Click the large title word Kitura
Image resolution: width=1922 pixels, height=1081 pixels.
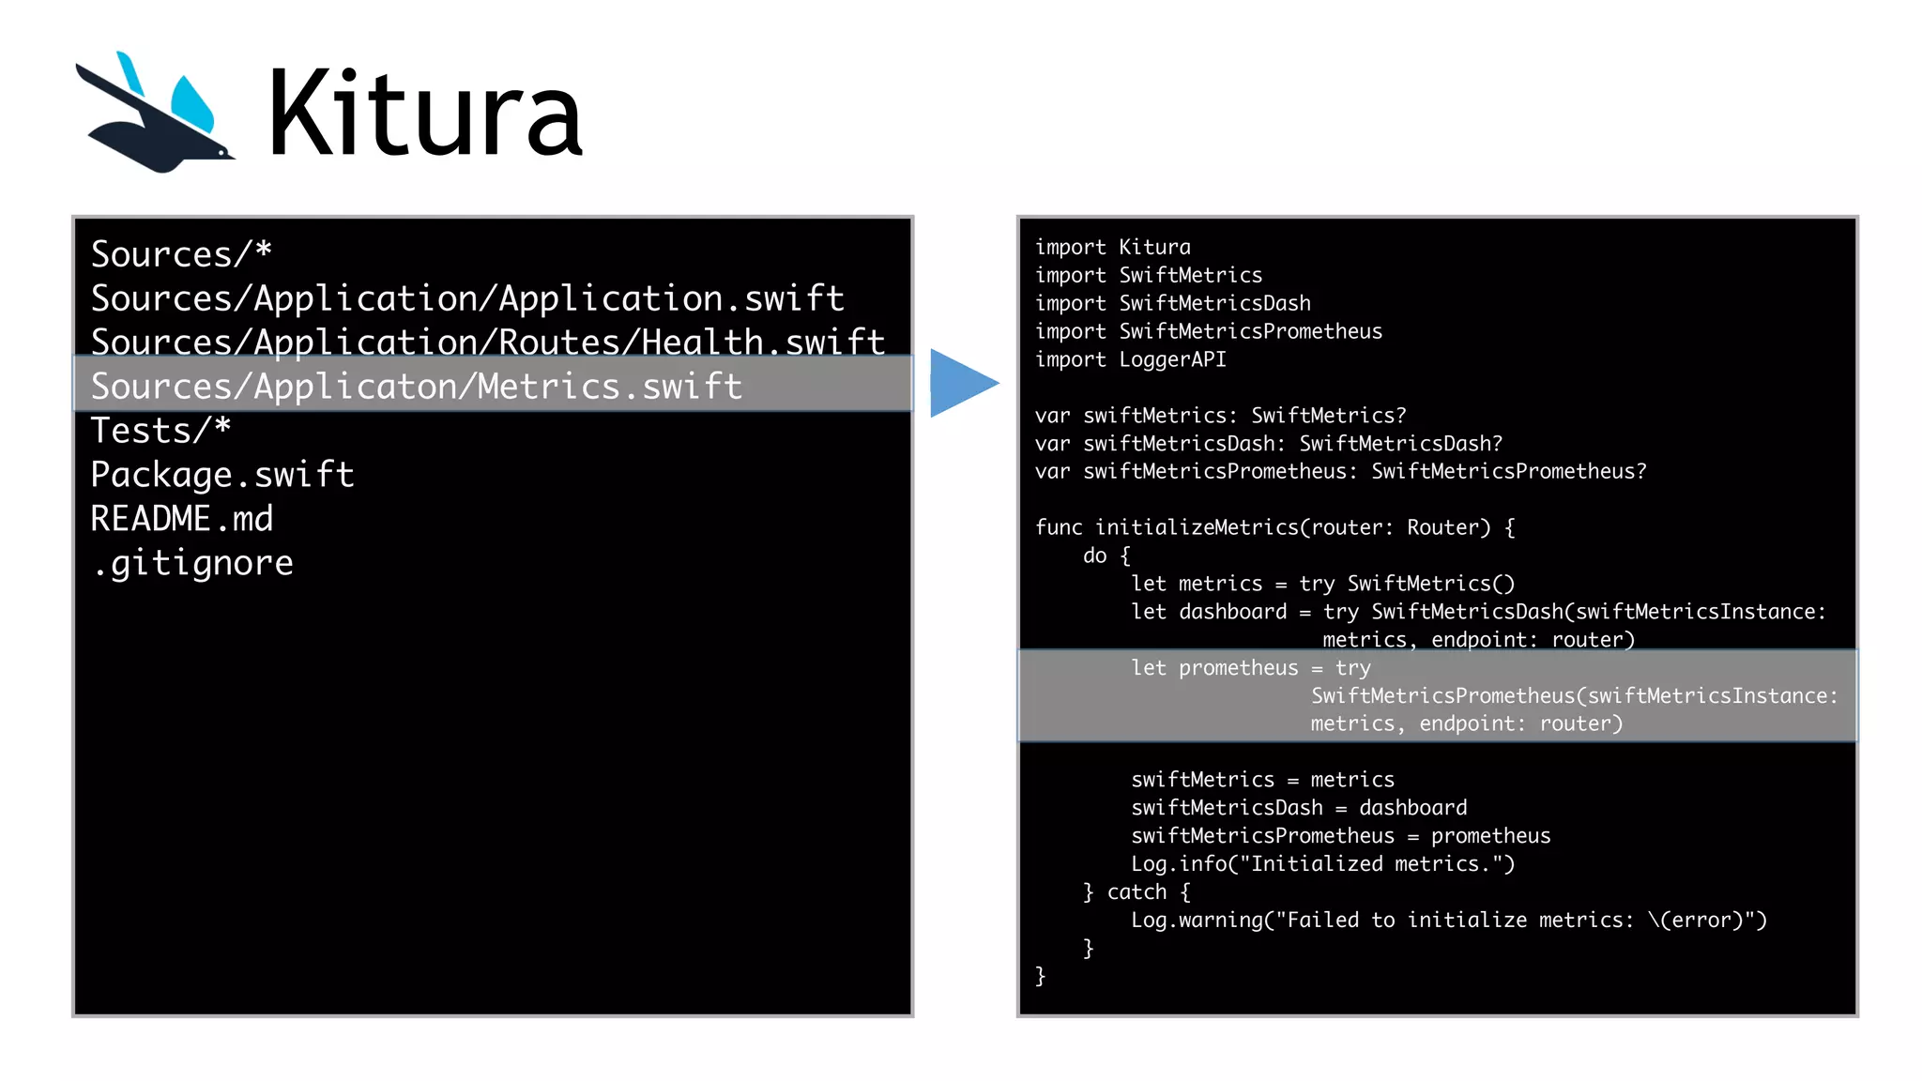pos(424,114)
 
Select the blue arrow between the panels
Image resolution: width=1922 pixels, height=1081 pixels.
pos(962,383)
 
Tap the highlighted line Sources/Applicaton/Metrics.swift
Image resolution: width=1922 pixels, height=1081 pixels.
pos(417,386)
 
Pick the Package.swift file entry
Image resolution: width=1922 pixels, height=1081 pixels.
pos(222,475)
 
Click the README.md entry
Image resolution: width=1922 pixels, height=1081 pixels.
pos(182,519)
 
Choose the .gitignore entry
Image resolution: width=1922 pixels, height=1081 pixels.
pos(192,563)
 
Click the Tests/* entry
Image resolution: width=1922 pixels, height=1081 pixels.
pos(160,431)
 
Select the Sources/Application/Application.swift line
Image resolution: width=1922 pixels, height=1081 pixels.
pos(467,298)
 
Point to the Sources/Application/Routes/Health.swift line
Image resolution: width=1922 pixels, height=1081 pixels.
pos(488,342)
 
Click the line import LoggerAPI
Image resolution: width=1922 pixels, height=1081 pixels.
pos(1130,359)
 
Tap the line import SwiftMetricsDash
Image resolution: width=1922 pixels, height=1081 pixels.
pos(1172,303)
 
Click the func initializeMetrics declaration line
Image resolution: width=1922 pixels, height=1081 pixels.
pos(1274,527)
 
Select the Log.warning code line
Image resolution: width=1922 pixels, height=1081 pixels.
pos(1448,920)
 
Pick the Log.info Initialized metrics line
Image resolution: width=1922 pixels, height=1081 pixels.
pos(1322,863)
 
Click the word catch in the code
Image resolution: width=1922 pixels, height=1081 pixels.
pos(1136,891)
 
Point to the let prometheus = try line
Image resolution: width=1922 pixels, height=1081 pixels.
pos(1250,668)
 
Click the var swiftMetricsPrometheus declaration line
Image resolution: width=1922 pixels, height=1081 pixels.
pos(1340,471)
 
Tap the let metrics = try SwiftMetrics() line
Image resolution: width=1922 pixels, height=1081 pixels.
pos(1322,584)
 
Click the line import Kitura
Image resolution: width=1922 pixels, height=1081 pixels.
pos(1112,247)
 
